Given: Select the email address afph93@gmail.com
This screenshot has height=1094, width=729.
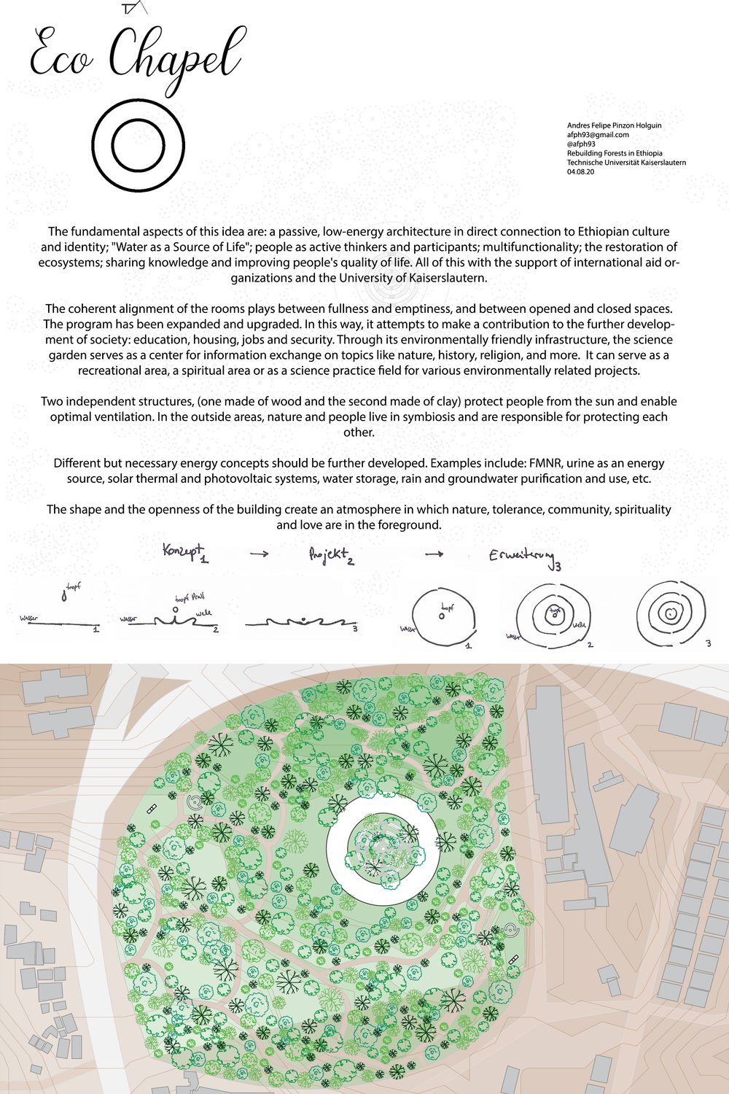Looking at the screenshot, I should pos(598,135).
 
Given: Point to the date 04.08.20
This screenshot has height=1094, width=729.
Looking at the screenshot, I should pos(580,173).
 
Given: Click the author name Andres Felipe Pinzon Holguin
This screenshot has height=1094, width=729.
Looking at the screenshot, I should pos(614,125).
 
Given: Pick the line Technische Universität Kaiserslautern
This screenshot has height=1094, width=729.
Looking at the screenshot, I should pos(626,163).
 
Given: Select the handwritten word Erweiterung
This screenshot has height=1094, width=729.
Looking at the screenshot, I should pos(522,557).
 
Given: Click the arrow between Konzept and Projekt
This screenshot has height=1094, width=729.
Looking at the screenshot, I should pos(259,554).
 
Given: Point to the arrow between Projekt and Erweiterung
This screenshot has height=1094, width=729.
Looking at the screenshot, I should pos(434,554).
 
